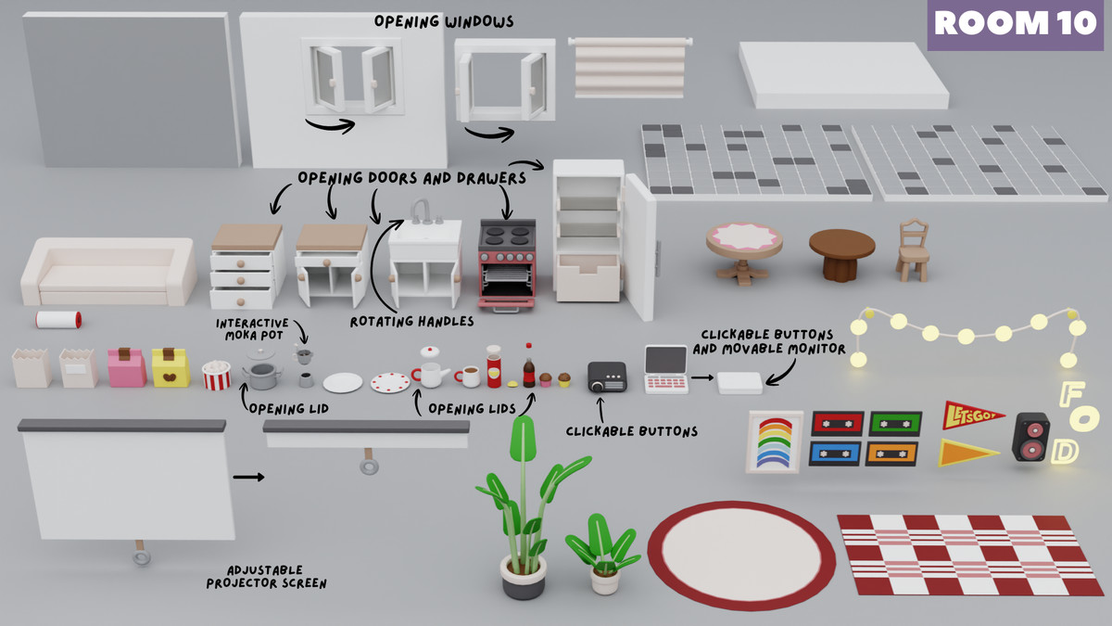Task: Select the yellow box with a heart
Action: tap(170, 368)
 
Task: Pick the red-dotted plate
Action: tap(389, 382)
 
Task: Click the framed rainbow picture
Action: tap(775, 441)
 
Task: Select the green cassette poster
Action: tap(895, 423)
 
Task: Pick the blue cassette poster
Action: tap(836, 454)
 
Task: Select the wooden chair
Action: tap(912, 250)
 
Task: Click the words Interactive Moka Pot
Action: tap(252, 328)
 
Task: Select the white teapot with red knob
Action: tap(429, 368)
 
